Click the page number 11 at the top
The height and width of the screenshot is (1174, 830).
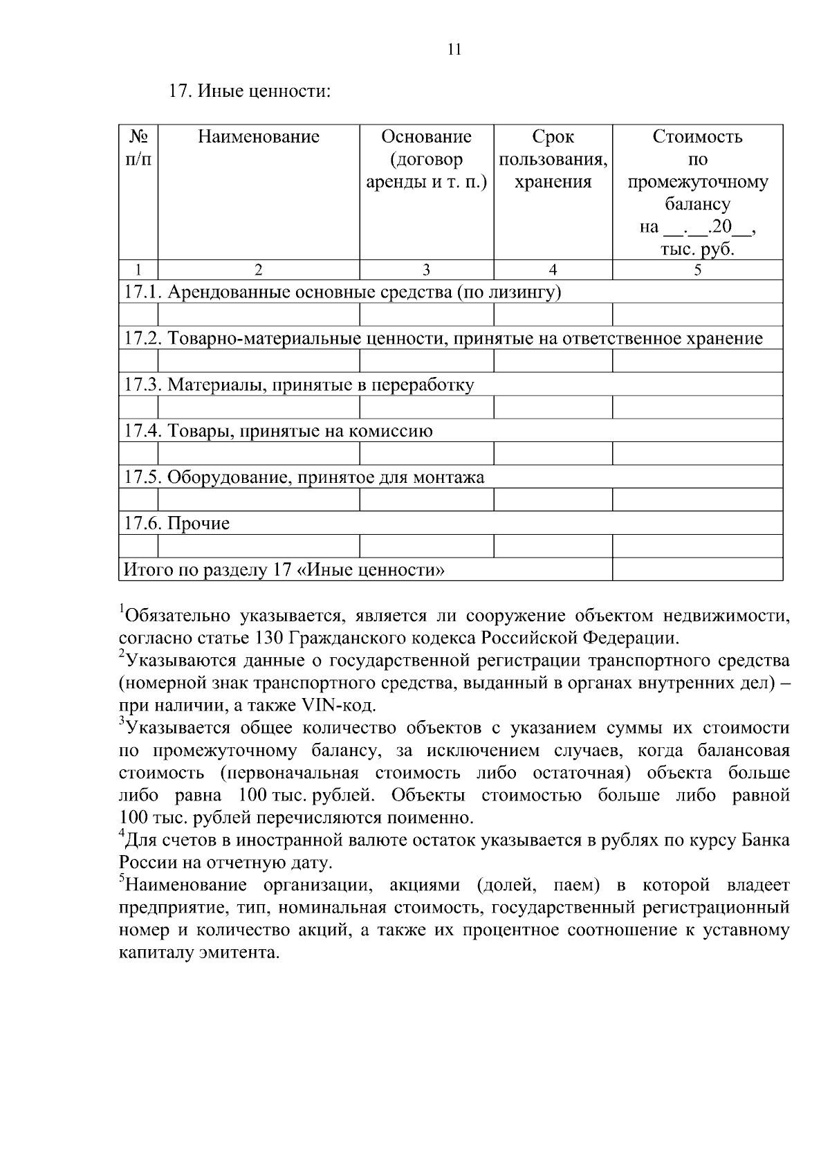tap(454, 49)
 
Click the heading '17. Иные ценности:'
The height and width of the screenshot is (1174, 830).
tap(250, 91)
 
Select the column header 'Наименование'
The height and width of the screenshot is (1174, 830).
tap(259, 137)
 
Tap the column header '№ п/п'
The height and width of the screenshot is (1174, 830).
tap(139, 148)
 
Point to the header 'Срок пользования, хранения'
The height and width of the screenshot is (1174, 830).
tap(553, 159)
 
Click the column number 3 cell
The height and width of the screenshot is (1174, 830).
tap(426, 270)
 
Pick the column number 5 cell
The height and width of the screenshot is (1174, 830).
tap(697, 270)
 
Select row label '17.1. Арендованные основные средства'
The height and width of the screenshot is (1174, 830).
tap(342, 293)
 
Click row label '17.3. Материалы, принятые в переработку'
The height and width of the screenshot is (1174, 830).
tap(299, 385)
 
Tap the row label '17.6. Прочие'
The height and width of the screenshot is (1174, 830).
tap(176, 524)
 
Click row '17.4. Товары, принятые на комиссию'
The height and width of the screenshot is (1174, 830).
tap(278, 432)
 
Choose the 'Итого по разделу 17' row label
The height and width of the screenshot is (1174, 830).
tap(284, 570)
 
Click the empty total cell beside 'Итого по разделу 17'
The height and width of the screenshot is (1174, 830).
tap(697, 570)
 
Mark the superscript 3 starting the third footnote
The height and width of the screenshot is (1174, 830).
tap(122, 722)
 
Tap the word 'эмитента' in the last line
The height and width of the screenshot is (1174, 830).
tap(239, 953)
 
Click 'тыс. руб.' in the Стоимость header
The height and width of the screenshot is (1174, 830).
tap(697, 250)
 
